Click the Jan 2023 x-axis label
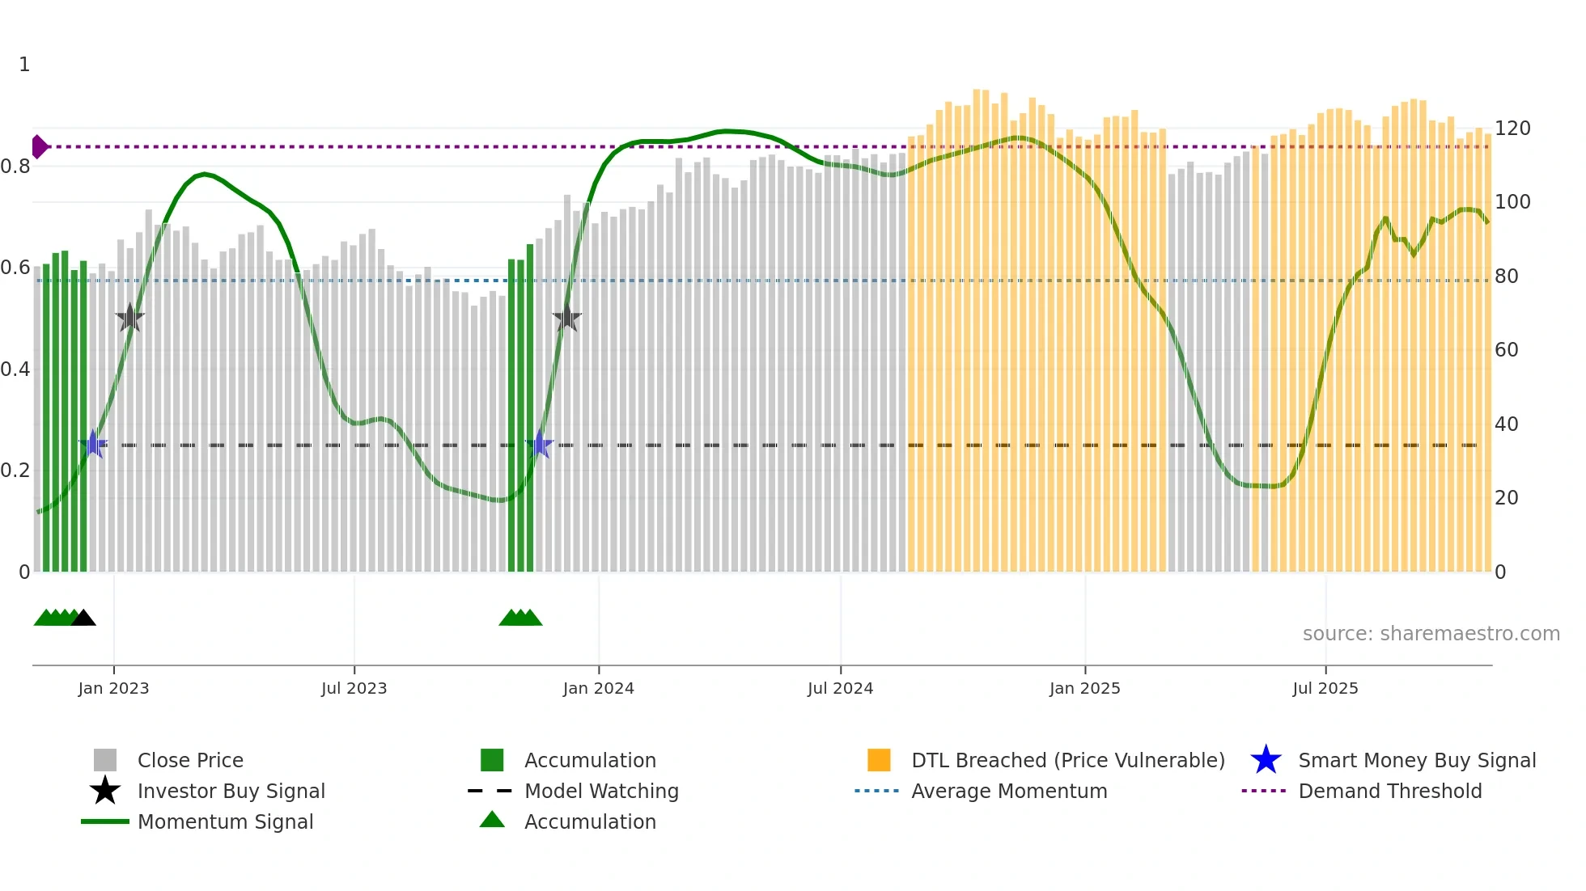(113, 688)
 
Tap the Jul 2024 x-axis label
(840, 688)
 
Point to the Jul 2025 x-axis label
(1325, 688)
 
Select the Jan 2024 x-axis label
(598, 688)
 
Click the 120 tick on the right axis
(1512, 129)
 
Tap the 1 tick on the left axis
(24, 65)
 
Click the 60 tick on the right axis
(1506, 350)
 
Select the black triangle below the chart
(83, 618)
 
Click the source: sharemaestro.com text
(1431, 634)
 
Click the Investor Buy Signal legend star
(105, 791)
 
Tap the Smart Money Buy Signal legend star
(1266, 760)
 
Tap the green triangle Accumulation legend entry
(492, 821)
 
